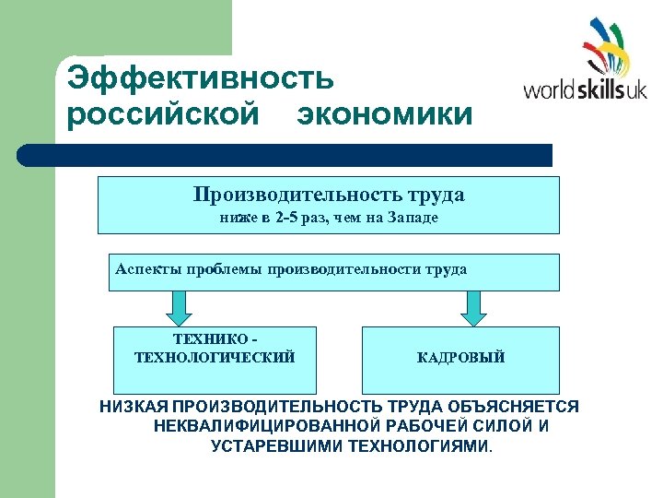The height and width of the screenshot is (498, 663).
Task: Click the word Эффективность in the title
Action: tap(201, 77)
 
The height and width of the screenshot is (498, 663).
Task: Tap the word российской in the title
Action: tap(159, 115)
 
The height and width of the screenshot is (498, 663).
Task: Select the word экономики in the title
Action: tap(384, 115)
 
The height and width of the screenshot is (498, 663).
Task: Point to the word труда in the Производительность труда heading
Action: tap(435, 195)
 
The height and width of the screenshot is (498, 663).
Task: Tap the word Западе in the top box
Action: tap(410, 218)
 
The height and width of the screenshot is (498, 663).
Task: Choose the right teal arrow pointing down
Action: tap(472, 307)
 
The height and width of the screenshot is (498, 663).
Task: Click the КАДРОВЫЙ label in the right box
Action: tap(460, 358)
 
